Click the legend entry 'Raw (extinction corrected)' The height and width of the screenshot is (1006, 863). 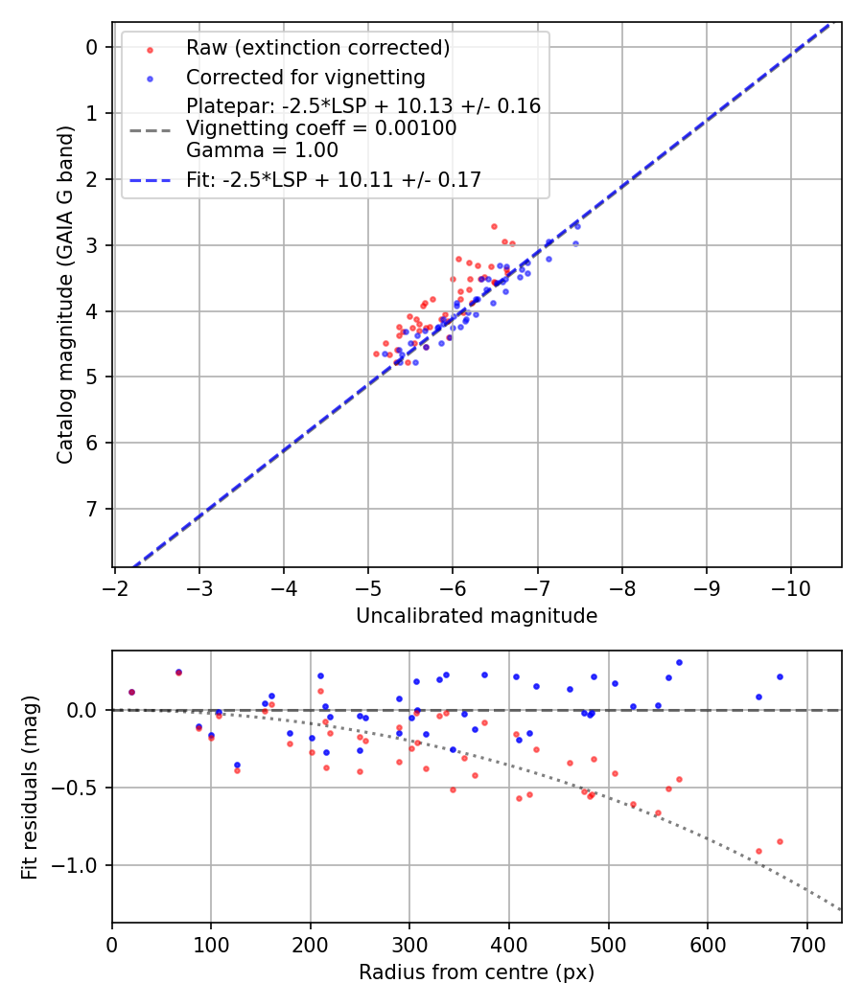click(x=317, y=48)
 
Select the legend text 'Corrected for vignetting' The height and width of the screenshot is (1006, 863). click(x=305, y=77)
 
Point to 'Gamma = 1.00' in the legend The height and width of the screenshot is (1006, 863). click(x=262, y=149)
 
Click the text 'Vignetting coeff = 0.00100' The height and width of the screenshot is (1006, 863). click(x=321, y=127)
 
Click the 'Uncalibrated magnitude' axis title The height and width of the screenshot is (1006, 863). click(x=477, y=616)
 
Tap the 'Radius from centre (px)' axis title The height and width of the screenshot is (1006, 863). click(x=477, y=972)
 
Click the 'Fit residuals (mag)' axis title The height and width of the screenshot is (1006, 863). click(x=30, y=788)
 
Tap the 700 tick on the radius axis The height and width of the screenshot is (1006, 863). click(x=806, y=943)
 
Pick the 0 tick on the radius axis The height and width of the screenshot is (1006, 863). click(x=112, y=943)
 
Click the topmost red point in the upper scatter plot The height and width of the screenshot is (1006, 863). click(x=494, y=227)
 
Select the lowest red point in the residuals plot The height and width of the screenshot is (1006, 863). click(x=758, y=851)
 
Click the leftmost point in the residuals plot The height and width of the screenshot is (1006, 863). click(x=131, y=692)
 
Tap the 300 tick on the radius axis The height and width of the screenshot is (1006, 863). click(x=409, y=943)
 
